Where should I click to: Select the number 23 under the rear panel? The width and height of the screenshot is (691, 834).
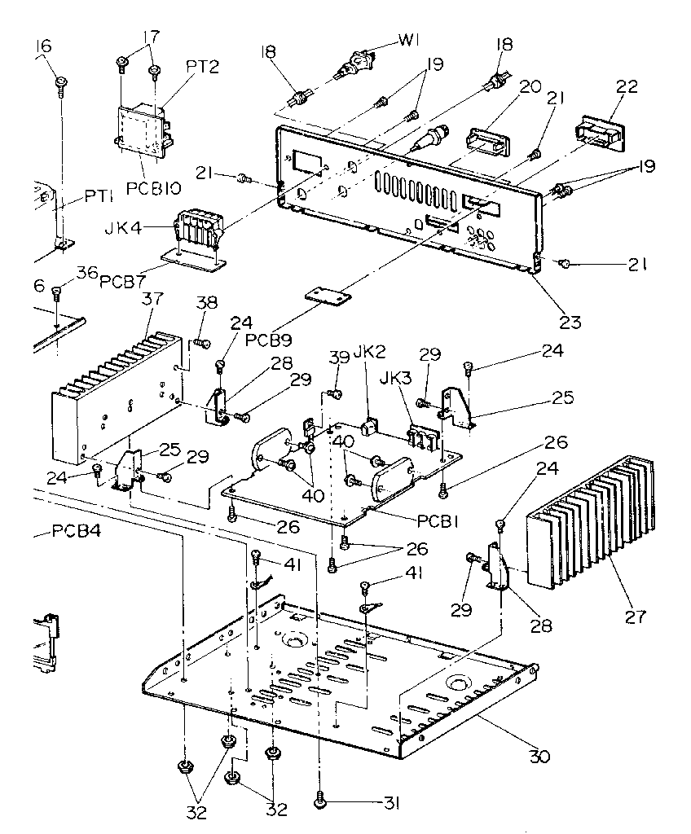coord(570,321)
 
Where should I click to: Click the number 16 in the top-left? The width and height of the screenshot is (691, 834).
coord(42,46)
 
